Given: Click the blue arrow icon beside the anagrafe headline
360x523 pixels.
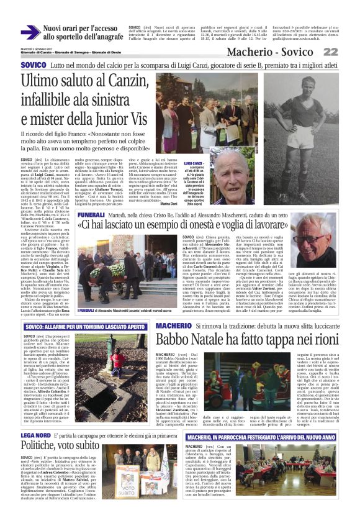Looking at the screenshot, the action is tap(30, 33).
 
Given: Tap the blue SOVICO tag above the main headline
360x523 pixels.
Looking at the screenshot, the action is tap(33, 65).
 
